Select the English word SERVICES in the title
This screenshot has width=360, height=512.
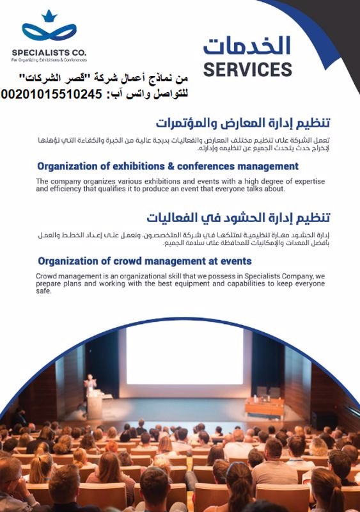(x=247, y=69)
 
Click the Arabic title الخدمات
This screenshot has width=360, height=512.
(x=247, y=45)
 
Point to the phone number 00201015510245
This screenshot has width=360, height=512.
(x=52, y=94)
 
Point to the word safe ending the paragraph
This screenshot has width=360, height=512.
(x=43, y=291)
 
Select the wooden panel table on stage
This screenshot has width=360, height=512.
(x=264, y=407)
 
